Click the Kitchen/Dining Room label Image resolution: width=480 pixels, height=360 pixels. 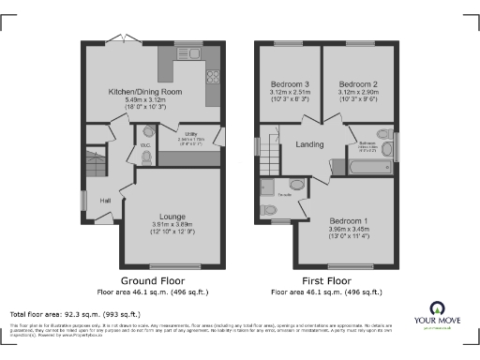pyautogui.click(x=143, y=92)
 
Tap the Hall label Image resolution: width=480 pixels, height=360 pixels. pyautogui.click(x=105, y=201)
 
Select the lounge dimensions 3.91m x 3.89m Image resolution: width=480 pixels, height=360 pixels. pyautogui.click(x=172, y=226)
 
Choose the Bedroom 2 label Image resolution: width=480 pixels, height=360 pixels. pyautogui.click(x=357, y=82)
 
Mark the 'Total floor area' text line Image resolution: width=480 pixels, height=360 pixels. pyautogui.click(x=75, y=313)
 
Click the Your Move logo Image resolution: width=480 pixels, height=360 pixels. pyautogui.click(x=437, y=313)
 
